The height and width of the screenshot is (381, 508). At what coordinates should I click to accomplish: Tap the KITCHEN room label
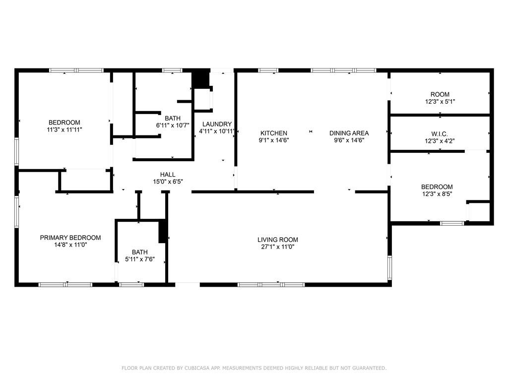click(x=274, y=133)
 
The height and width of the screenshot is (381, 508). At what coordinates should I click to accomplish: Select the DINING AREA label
click(x=349, y=133)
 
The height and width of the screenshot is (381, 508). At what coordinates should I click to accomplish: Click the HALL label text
click(x=167, y=174)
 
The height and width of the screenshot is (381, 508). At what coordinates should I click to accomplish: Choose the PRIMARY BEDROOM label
click(x=70, y=238)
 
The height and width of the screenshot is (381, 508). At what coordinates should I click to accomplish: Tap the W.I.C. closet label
click(x=440, y=133)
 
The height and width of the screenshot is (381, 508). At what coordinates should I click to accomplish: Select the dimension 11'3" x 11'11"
click(x=64, y=129)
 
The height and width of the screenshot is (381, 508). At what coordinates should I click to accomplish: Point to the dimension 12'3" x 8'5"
click(x=440, y=193)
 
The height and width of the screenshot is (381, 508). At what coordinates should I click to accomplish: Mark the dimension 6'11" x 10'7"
click(x=173, y=125)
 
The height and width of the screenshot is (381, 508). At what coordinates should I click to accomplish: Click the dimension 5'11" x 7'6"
click(x=139, y=259)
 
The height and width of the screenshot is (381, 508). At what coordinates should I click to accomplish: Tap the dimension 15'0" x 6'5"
click(x=167, y=181)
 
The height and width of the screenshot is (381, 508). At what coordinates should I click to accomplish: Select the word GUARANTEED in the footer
click(x=365, y=368)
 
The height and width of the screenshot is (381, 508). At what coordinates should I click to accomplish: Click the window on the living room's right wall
click(x=389, y=268)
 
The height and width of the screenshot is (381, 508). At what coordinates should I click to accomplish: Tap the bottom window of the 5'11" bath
click(x=131, y=285)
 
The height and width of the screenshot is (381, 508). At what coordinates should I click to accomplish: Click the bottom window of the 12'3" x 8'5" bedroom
click(x=452, y=223)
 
